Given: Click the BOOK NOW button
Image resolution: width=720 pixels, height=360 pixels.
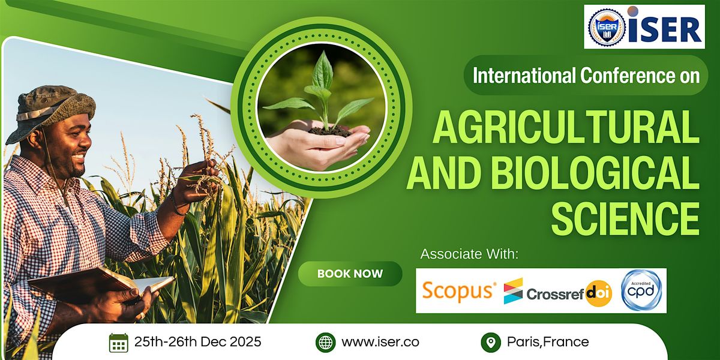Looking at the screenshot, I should [x=350, y=274].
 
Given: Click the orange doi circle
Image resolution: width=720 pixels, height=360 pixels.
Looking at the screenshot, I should [x=599, y=293].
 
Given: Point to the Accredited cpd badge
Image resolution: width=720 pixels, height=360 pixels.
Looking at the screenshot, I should [x=641, y=290].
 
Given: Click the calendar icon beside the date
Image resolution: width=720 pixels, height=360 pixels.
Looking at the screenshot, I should [x=119, y=343].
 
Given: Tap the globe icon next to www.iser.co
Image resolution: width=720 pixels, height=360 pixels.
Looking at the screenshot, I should [x=325, y=343].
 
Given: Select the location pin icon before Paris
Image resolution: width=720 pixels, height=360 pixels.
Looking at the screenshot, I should [x=491, y=343].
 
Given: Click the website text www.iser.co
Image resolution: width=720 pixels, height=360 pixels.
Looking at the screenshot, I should [x=380, y=343].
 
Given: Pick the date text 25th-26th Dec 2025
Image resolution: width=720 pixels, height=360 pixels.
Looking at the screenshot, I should [x=197, y=343].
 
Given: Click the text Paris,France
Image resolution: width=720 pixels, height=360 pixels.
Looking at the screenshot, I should [x=548, y=343].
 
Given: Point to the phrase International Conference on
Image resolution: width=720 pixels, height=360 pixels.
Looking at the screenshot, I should [x=586, y=76].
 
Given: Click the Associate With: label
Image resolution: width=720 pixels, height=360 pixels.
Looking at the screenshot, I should [x=469, y=254].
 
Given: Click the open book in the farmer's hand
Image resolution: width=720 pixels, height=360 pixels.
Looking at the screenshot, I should [x=102, y=282].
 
